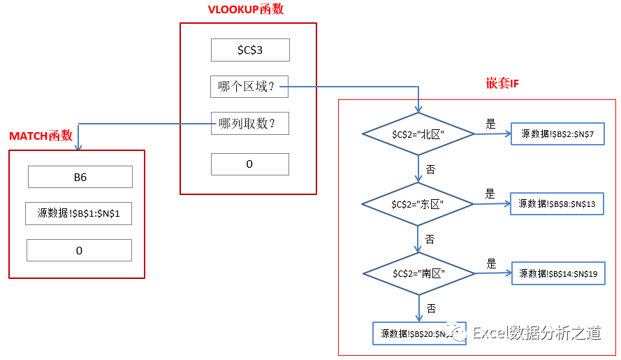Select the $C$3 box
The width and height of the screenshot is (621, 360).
[250, 50]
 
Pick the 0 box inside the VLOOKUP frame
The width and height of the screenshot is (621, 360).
[249, 164]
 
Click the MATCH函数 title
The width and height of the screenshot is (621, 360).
[41, 136]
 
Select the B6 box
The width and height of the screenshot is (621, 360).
[80, 177]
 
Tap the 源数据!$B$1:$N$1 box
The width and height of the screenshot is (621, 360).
[79, 213]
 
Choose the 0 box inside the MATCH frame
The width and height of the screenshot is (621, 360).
[79, 250]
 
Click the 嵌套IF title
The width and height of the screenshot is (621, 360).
[502, 84]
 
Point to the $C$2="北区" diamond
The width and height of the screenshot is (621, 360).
[418, 134]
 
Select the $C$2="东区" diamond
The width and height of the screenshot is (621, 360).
[418, 203]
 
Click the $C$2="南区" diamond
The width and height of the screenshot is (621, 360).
[418, 273]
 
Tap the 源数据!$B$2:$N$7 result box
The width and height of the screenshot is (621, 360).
[557, 134]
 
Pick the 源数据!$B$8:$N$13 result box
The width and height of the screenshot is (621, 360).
[557, 203]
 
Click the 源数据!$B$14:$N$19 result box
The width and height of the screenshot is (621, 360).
[557, 273]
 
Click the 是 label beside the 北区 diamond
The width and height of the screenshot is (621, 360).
[490, 124]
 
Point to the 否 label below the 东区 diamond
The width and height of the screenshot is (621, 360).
[430, 239]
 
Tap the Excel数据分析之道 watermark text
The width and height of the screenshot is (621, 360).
[536, 333]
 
